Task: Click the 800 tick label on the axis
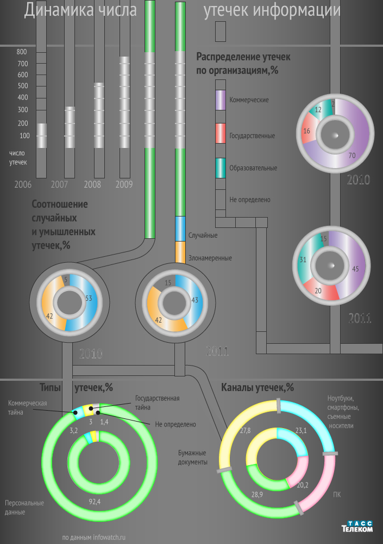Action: pyautogui.click(x=22, y=52)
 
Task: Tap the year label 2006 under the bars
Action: pyautogui.click(x=23, y=184)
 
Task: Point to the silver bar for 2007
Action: pyautogui.click(x=70, y=127)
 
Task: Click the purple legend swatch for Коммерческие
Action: pyautogui.click(x=221, y=100)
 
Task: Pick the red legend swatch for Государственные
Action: pyautogui.click(x=221, y=133)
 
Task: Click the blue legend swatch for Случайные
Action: pyautogui.click(x=181, y=228)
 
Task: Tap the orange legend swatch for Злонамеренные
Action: pyautogui.click(x=181, y=252)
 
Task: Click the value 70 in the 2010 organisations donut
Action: pyautogui.click(x=351, y=156)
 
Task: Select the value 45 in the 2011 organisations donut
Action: pyautogui.click(x=355, y=268)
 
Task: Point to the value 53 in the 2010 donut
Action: pyautogui.click(x=89, y=298)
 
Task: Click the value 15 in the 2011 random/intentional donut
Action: pyautogui.click(x=168, y=282)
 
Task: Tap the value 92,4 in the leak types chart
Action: pyautogui.click(x=95, y=501)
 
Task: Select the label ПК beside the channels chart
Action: pyautogui.click(x=337, y=494)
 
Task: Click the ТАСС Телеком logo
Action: pyautogui.click(x=357, y=526)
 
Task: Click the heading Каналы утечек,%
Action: pyautogui.click(x=258, y=388)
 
